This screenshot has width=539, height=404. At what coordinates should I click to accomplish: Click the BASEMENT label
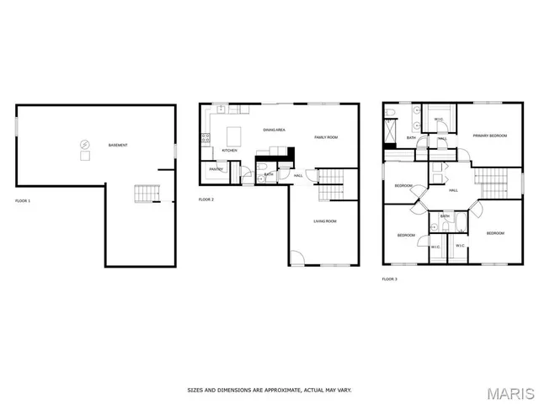(x=118, y=146)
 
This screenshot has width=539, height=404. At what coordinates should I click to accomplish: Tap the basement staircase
(x=146, y=194)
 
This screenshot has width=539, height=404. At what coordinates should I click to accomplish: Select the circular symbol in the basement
(x=84, y=144)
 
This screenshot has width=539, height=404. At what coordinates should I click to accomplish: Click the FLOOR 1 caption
(x=23, y=200)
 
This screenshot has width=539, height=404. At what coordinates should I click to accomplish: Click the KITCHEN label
(x=229, y=151)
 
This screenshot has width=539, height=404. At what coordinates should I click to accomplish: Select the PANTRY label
(x=216, y=169)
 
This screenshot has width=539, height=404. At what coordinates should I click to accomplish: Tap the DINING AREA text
(x=275, y=130)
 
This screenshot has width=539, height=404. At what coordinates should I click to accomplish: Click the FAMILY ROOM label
(x=326, y=136)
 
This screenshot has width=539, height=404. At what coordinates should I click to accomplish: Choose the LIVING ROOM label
(x=325, y=221)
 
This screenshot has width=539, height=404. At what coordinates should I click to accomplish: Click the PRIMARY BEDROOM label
(x=489, y=135)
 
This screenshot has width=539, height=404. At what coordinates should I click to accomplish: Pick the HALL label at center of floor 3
(x=453, y=190)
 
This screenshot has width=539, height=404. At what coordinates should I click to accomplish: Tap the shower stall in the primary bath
(x=390, y=130)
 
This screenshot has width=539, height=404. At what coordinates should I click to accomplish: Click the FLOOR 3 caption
(x=389, y=279)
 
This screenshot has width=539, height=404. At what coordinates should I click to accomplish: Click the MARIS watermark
(x=511, y=393)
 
